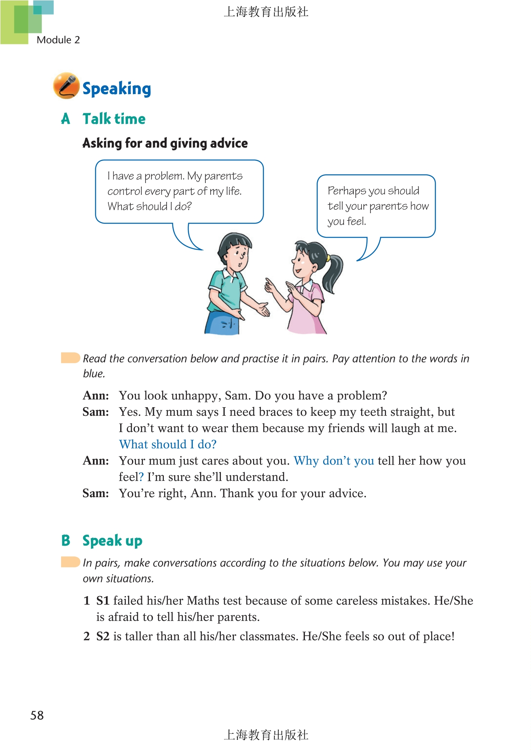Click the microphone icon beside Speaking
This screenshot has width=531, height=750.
point(66,86)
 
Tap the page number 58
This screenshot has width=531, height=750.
point(37,715)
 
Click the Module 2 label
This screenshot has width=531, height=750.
point(58,40)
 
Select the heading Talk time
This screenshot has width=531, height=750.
point(114,119)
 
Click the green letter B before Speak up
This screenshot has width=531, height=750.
point(66,540)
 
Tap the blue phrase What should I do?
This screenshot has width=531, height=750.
point(167,444)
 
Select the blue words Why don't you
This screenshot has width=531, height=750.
point(334,461)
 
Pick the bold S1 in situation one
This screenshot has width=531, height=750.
point(103,601)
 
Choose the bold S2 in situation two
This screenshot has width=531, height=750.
point(103,636)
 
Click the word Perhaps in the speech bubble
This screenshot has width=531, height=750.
point(346,191)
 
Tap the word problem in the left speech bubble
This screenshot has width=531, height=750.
point(164,176)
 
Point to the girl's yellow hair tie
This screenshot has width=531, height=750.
point(328,258)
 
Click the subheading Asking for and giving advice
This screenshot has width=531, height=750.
point(165,143)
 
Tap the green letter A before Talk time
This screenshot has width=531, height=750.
point(66,119)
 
